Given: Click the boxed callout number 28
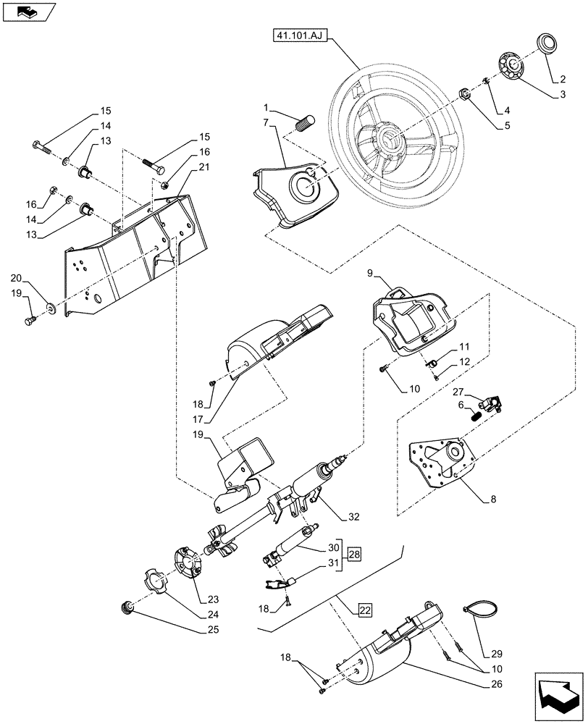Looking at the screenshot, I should [353, 555].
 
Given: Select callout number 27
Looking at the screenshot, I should [457, 392].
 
